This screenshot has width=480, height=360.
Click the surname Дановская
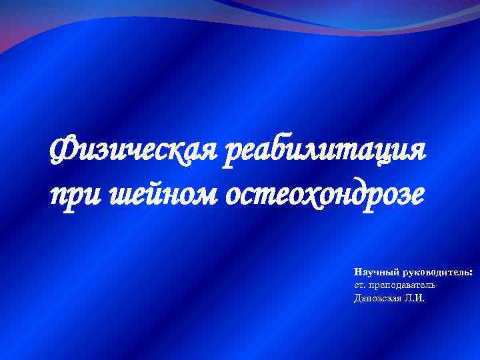click(378, 297)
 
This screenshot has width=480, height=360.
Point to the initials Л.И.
click(413, 297)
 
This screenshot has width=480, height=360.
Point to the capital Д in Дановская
click(358, 297)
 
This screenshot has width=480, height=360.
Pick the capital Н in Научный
click(358, 273)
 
